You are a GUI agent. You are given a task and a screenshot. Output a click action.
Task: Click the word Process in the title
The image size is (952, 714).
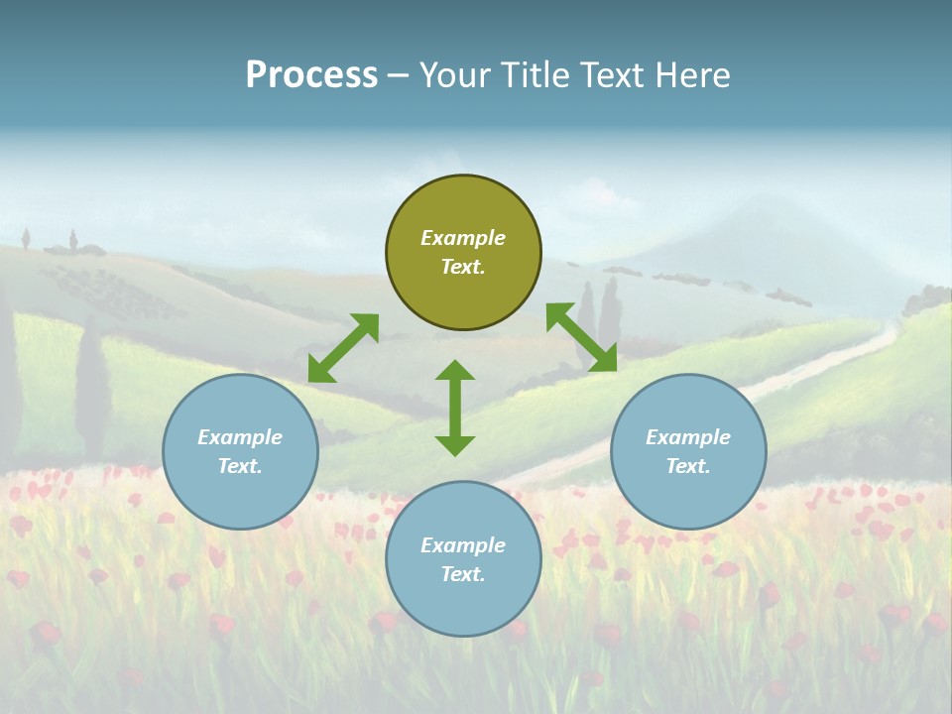(311, 75)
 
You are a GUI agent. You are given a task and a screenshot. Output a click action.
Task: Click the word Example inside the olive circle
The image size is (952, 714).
(463, 238)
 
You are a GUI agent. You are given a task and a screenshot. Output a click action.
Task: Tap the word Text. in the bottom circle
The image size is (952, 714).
(463, 574)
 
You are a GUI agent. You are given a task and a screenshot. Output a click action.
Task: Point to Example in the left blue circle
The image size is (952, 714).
(240, 437)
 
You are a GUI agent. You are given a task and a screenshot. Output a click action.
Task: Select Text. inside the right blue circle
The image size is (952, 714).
(688, 466)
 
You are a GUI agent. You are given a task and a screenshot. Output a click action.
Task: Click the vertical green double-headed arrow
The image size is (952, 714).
(455, 408)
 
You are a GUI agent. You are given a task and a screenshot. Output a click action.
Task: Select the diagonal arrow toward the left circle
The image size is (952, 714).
(343, 348)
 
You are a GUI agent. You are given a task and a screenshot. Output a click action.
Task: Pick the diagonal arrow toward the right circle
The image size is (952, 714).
(581, 337)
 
